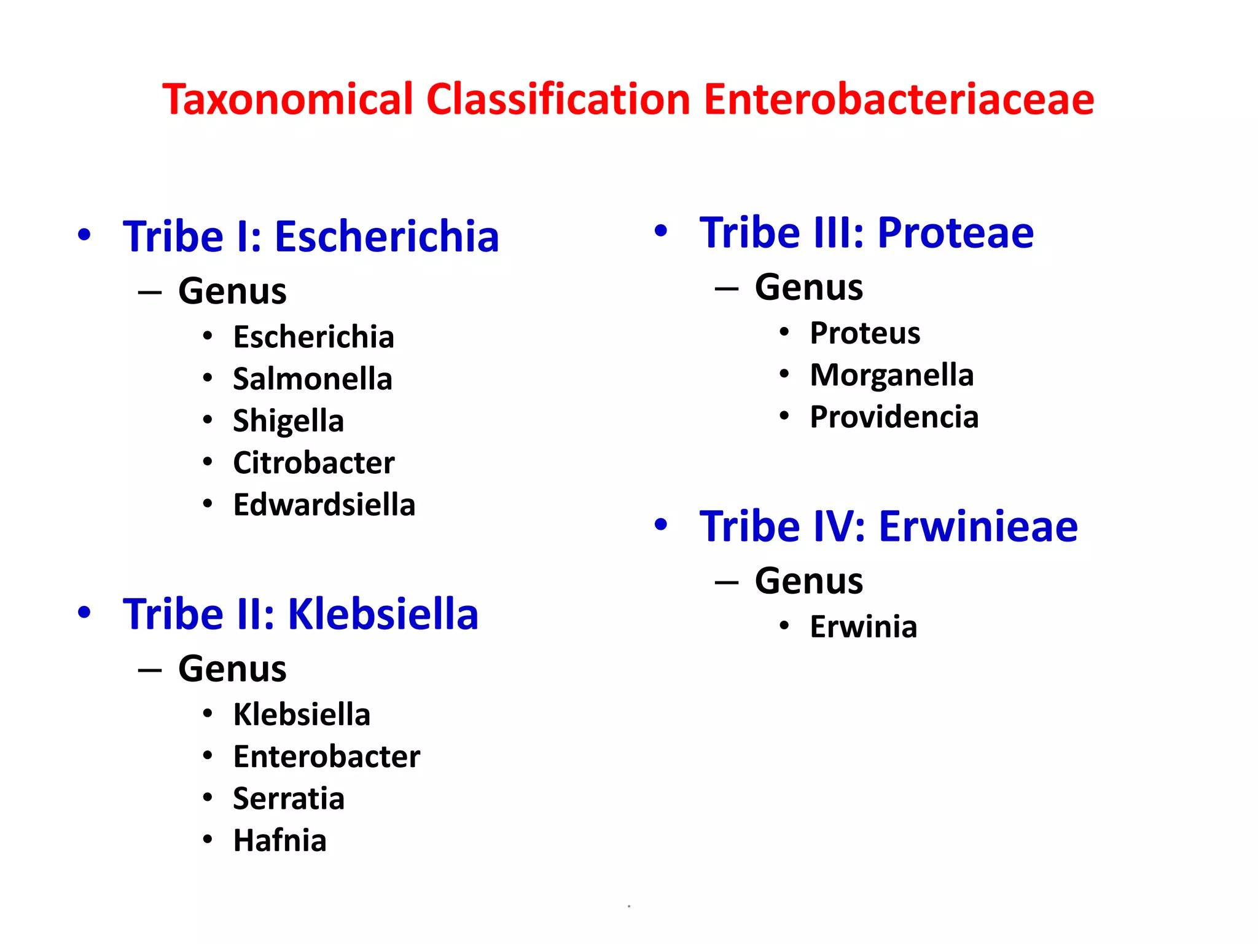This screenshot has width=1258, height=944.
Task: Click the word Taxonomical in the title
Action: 287,100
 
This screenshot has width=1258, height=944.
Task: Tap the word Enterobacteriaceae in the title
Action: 899,100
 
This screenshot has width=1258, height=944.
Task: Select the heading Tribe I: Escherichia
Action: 311,237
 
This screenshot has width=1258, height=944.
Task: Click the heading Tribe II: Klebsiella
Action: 300,614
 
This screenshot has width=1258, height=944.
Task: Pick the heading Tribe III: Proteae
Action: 866,233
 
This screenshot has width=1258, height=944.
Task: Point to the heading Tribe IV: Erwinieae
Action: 888,527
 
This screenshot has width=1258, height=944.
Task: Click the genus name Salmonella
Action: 312,379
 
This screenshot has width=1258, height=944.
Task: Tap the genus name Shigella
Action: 288,421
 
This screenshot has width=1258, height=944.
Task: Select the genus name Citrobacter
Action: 313,463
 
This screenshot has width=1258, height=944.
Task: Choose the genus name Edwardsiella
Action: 324,505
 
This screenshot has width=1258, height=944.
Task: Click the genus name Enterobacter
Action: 326,757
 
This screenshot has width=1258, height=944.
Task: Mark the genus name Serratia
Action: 288,799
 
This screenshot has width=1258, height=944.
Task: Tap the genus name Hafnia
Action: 279,841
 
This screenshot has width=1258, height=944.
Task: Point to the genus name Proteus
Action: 865,333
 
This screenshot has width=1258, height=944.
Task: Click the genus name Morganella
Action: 891,375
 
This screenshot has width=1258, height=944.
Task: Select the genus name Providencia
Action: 894,417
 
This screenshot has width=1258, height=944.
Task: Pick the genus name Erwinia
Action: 863,627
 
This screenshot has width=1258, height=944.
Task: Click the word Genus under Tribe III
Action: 808,287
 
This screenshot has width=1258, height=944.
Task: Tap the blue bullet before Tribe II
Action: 84,612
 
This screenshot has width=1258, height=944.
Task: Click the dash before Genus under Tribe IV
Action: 727,581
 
